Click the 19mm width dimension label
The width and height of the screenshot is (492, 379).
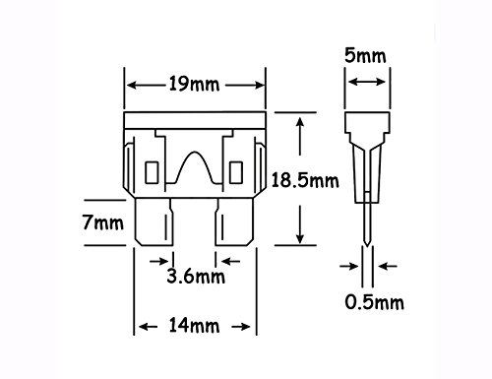pyautogui.click(x=194, y=84)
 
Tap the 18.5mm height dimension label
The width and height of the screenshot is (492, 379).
pyautogui.click(x=305, y=181)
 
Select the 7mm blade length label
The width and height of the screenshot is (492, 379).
pyautogui.click(x=103, y=222)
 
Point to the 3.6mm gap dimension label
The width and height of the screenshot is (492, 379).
pyautogui.click(x=196, y=276)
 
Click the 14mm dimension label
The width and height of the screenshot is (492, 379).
pyautogui.click(x=194, y=326)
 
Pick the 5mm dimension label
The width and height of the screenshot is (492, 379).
pyautogui.click(x=365, y=56)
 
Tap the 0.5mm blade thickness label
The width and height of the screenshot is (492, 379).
pyautogui.click(x=374, y=302)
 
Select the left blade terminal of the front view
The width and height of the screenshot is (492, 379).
pyautogui.click(x=154, y=221)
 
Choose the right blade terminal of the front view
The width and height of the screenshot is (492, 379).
pyautogui.click(x=234, y=221)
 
